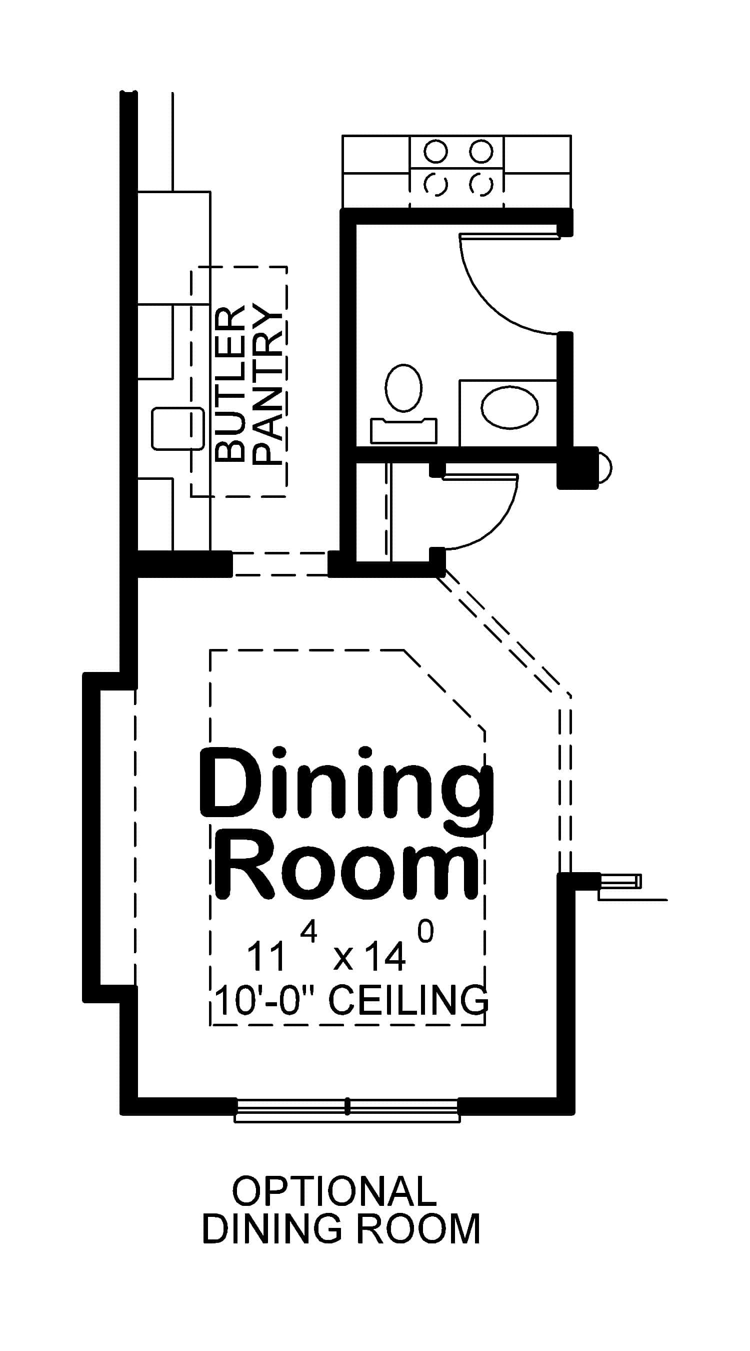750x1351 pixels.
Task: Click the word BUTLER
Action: pos(230,384)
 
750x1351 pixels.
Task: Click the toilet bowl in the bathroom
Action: pos(403,388)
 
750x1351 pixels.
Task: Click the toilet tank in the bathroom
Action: pos(403,431)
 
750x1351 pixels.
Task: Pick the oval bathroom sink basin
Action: pos(509,406)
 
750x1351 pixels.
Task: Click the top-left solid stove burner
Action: pos(435,152)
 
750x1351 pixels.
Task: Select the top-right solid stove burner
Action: pos(480,152)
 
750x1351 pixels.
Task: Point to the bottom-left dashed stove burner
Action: pos(435,184)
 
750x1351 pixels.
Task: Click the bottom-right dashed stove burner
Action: pos(480,184)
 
